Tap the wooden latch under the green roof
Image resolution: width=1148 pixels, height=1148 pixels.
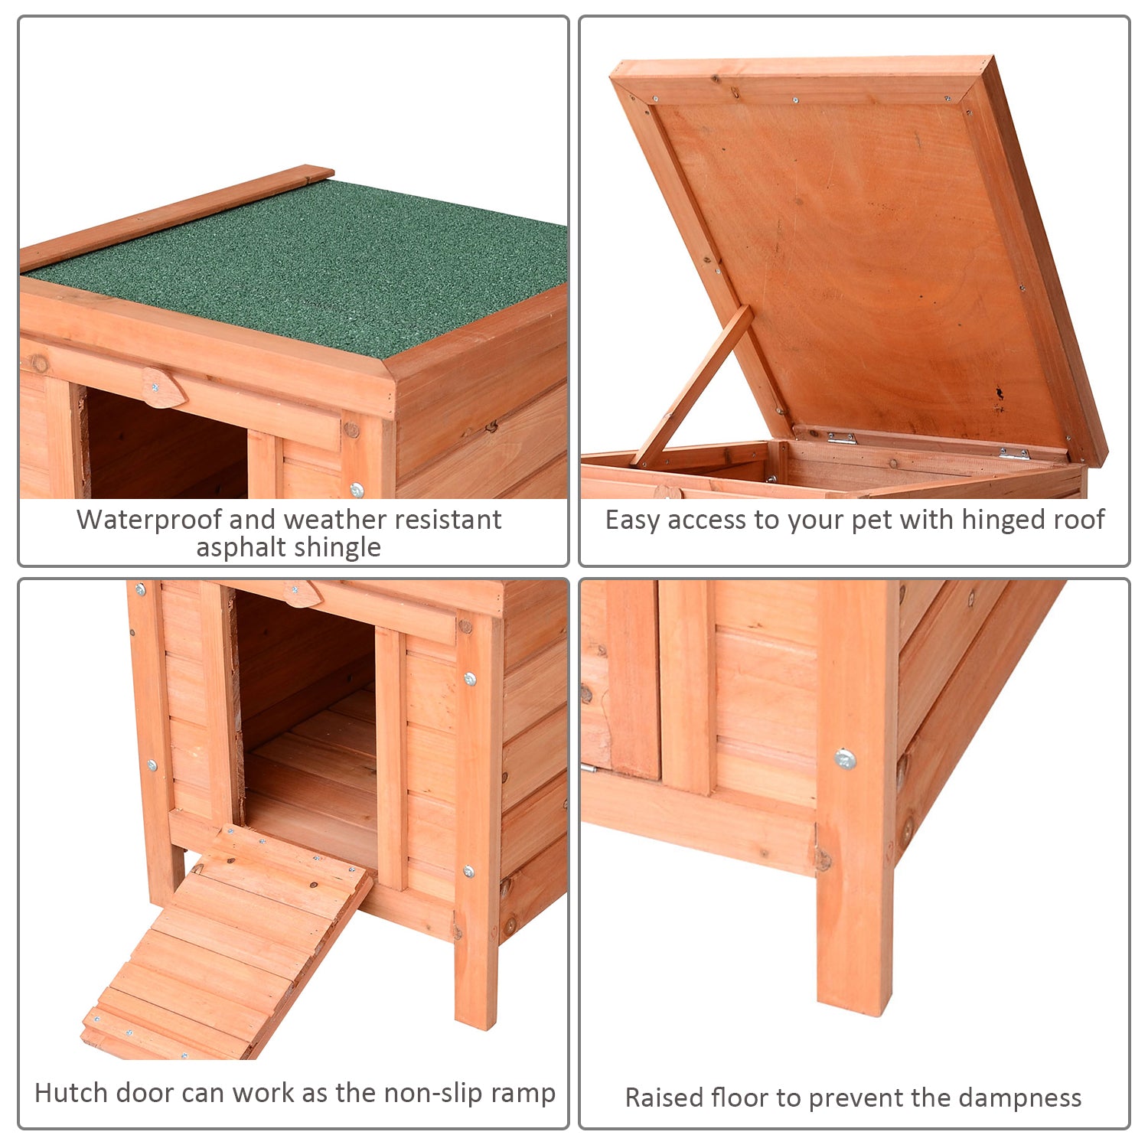coord(163,389)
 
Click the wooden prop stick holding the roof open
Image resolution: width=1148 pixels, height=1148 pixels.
coord(693,386)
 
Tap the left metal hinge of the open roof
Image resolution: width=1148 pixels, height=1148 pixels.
coord(841,438)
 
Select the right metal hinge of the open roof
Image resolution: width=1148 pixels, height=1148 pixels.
coord(1014,454)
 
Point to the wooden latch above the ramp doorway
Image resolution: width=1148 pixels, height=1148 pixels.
coord(302,593)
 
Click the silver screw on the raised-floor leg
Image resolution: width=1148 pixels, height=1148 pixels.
coord(845,759)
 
